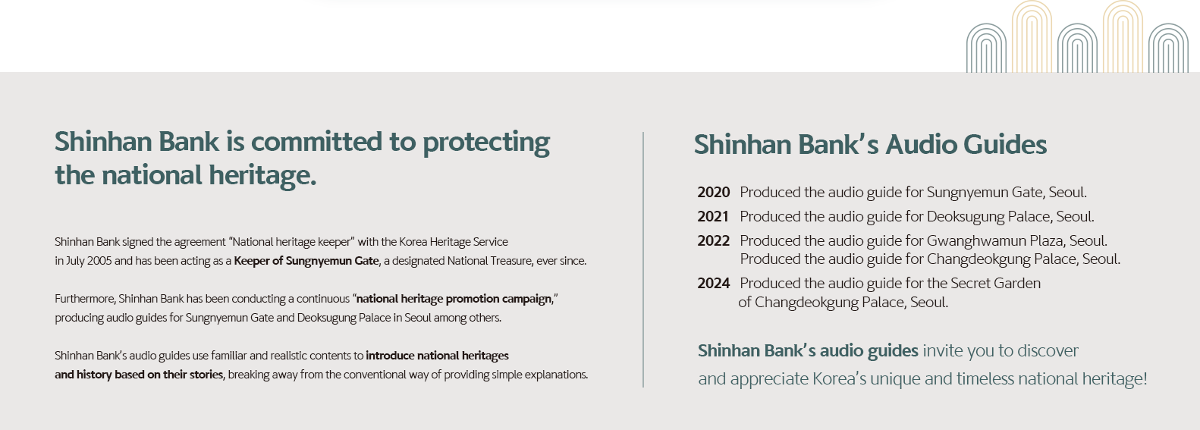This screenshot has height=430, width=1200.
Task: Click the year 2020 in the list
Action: click(x=714, y=192)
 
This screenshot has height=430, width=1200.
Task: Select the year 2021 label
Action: click(x=713, y=216)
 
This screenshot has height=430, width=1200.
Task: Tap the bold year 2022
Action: click(x=714, y=240)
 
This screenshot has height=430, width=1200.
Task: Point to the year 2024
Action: click(x=714, y=283)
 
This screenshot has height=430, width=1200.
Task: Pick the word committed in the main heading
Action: click(x=316, y=142)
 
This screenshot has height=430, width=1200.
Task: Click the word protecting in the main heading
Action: click(x=486, y=143)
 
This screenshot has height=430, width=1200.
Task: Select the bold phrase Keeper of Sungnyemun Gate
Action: click(x=306, y=262)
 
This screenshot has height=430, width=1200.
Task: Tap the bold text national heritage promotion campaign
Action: click(x=454, y=299)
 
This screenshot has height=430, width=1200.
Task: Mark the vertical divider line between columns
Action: click(x=643, y=259)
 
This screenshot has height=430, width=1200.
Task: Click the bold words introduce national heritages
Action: click(x=437, y=356)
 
